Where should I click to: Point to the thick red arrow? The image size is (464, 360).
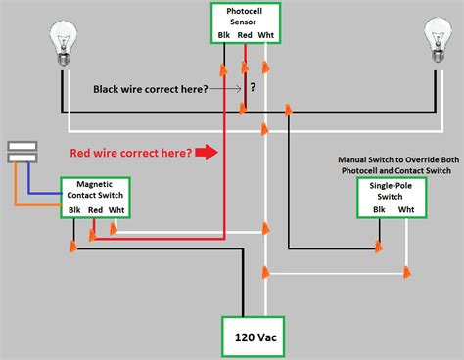[206, 152]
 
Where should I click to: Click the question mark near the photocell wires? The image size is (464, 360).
[253, 87]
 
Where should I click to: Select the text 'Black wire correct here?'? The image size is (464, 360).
[150, 88]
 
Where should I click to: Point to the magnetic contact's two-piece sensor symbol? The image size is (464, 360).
[22, 150]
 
